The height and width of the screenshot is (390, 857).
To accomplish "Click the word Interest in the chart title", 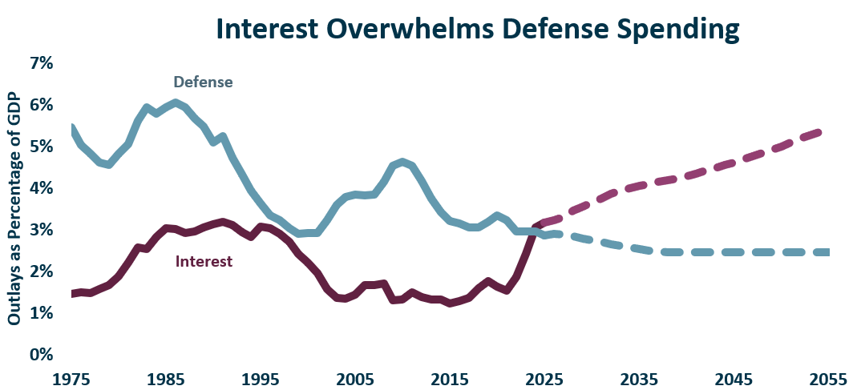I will click(267, 30).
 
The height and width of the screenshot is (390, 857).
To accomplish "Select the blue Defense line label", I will click(204, 82).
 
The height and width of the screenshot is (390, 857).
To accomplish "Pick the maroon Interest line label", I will click(204, 261).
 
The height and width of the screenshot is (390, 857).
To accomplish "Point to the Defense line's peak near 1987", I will click(175, 103).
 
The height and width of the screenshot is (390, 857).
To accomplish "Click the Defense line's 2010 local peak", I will click(402, 162).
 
